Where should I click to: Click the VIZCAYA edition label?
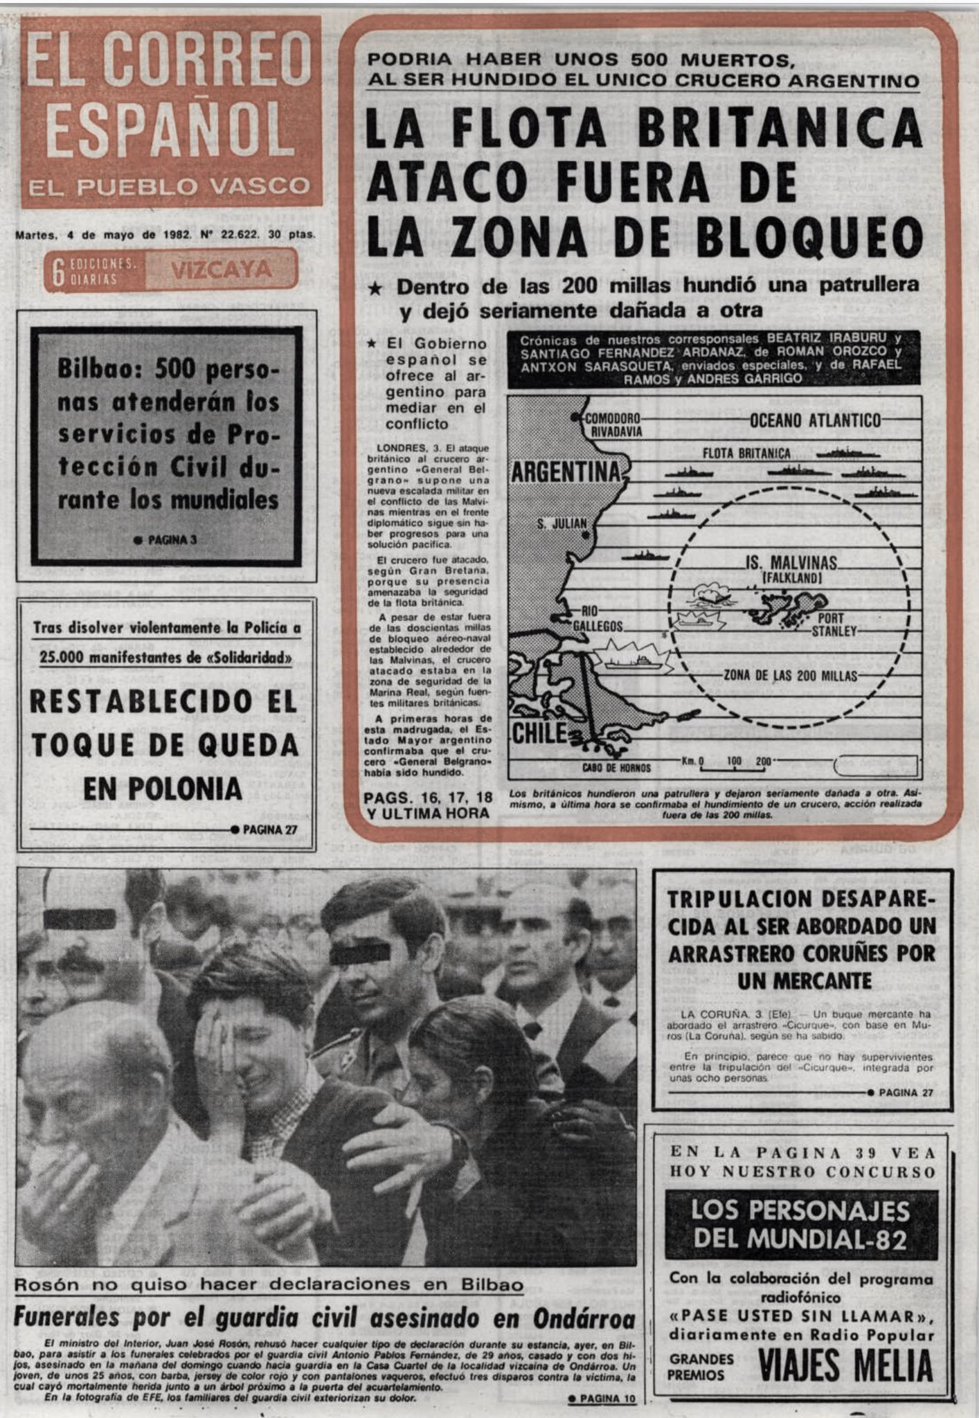pos(222,269)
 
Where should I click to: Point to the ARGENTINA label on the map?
pos(567,472)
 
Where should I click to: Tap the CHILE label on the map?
pos(539,733)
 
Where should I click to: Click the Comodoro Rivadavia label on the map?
pos(612,424)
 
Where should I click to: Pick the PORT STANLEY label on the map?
pos(834,625)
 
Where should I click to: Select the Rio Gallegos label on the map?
pos(598,618)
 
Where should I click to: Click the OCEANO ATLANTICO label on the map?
pos(815,420)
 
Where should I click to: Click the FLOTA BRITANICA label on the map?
pos(746,454)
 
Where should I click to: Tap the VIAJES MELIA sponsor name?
pos(845,1365)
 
